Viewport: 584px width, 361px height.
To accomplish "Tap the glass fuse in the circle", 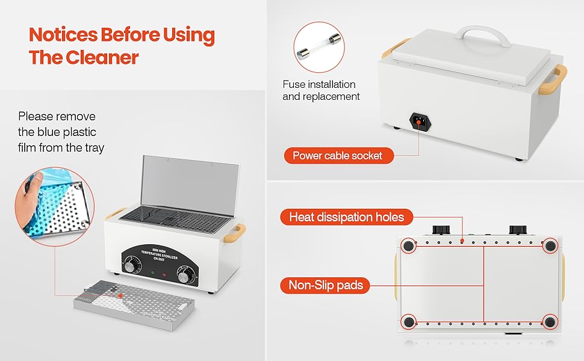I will pyautogui.click(x=320, y=48).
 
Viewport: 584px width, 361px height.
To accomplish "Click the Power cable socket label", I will pyautogui.click(x=337, y=156).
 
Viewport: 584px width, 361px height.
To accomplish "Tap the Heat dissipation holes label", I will pyautogui.click(x=346, y=217).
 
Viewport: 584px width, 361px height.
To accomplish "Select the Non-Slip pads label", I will pyautogui.click(x=326, y=285).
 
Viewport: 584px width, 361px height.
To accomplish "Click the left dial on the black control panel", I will pyautogui.click(x=132, y=265).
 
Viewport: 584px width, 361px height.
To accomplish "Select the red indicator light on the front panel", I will pyautogui.click(x=164, y=274).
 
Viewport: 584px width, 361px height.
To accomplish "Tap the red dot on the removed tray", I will pyautogui.click(x=120, y=296).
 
